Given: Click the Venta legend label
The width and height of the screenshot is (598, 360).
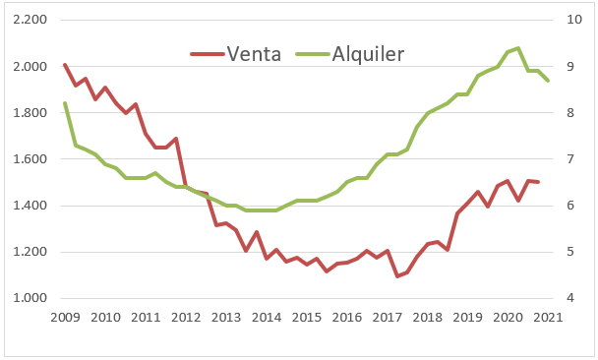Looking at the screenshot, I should [254, 53].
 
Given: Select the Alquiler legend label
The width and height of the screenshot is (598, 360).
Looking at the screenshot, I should [368, 53].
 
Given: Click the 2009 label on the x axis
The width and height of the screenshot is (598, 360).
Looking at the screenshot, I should [65, 317].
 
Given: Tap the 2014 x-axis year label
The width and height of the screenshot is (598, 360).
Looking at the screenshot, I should [267, 317].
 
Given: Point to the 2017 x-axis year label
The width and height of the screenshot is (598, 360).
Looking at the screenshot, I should [389, 317].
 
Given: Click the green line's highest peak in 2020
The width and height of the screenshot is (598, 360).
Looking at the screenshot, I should [518, 48].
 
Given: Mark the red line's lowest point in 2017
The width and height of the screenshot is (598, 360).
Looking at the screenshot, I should [397, 276].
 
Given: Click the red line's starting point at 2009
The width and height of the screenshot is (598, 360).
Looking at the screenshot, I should [65, 65].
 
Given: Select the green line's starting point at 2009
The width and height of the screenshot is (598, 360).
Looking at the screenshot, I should [65, 103].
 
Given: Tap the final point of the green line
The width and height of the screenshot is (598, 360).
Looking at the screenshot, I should [549, 81].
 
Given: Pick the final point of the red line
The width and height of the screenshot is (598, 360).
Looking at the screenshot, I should [539, 182].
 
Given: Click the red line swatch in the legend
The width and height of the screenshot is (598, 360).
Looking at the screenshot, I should [207, 53].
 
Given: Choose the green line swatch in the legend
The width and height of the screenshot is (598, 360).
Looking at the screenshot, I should [313, 53].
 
